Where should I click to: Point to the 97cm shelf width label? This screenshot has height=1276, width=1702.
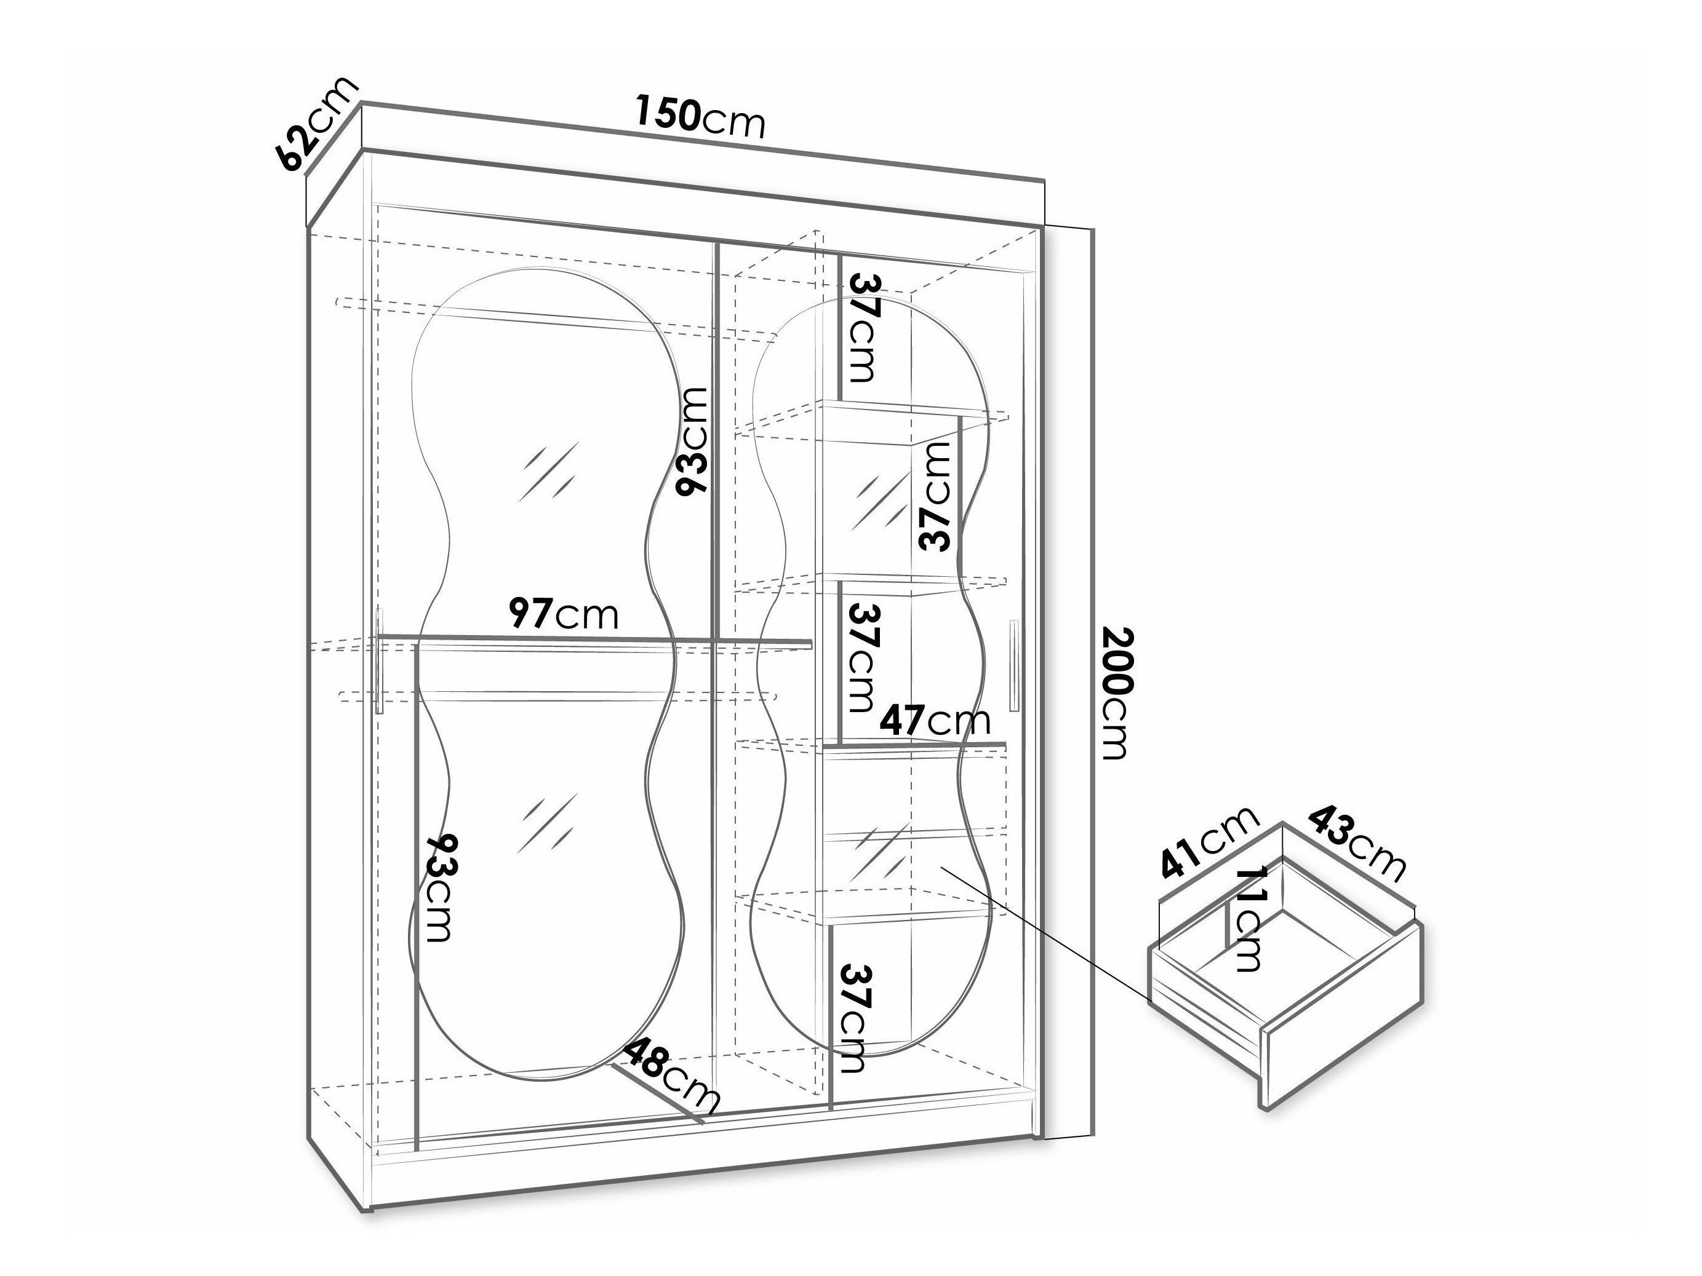click(563, 614)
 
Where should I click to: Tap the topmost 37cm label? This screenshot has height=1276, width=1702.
click(863, 328)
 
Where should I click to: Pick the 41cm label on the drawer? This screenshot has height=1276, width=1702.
click(1208, 841)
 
